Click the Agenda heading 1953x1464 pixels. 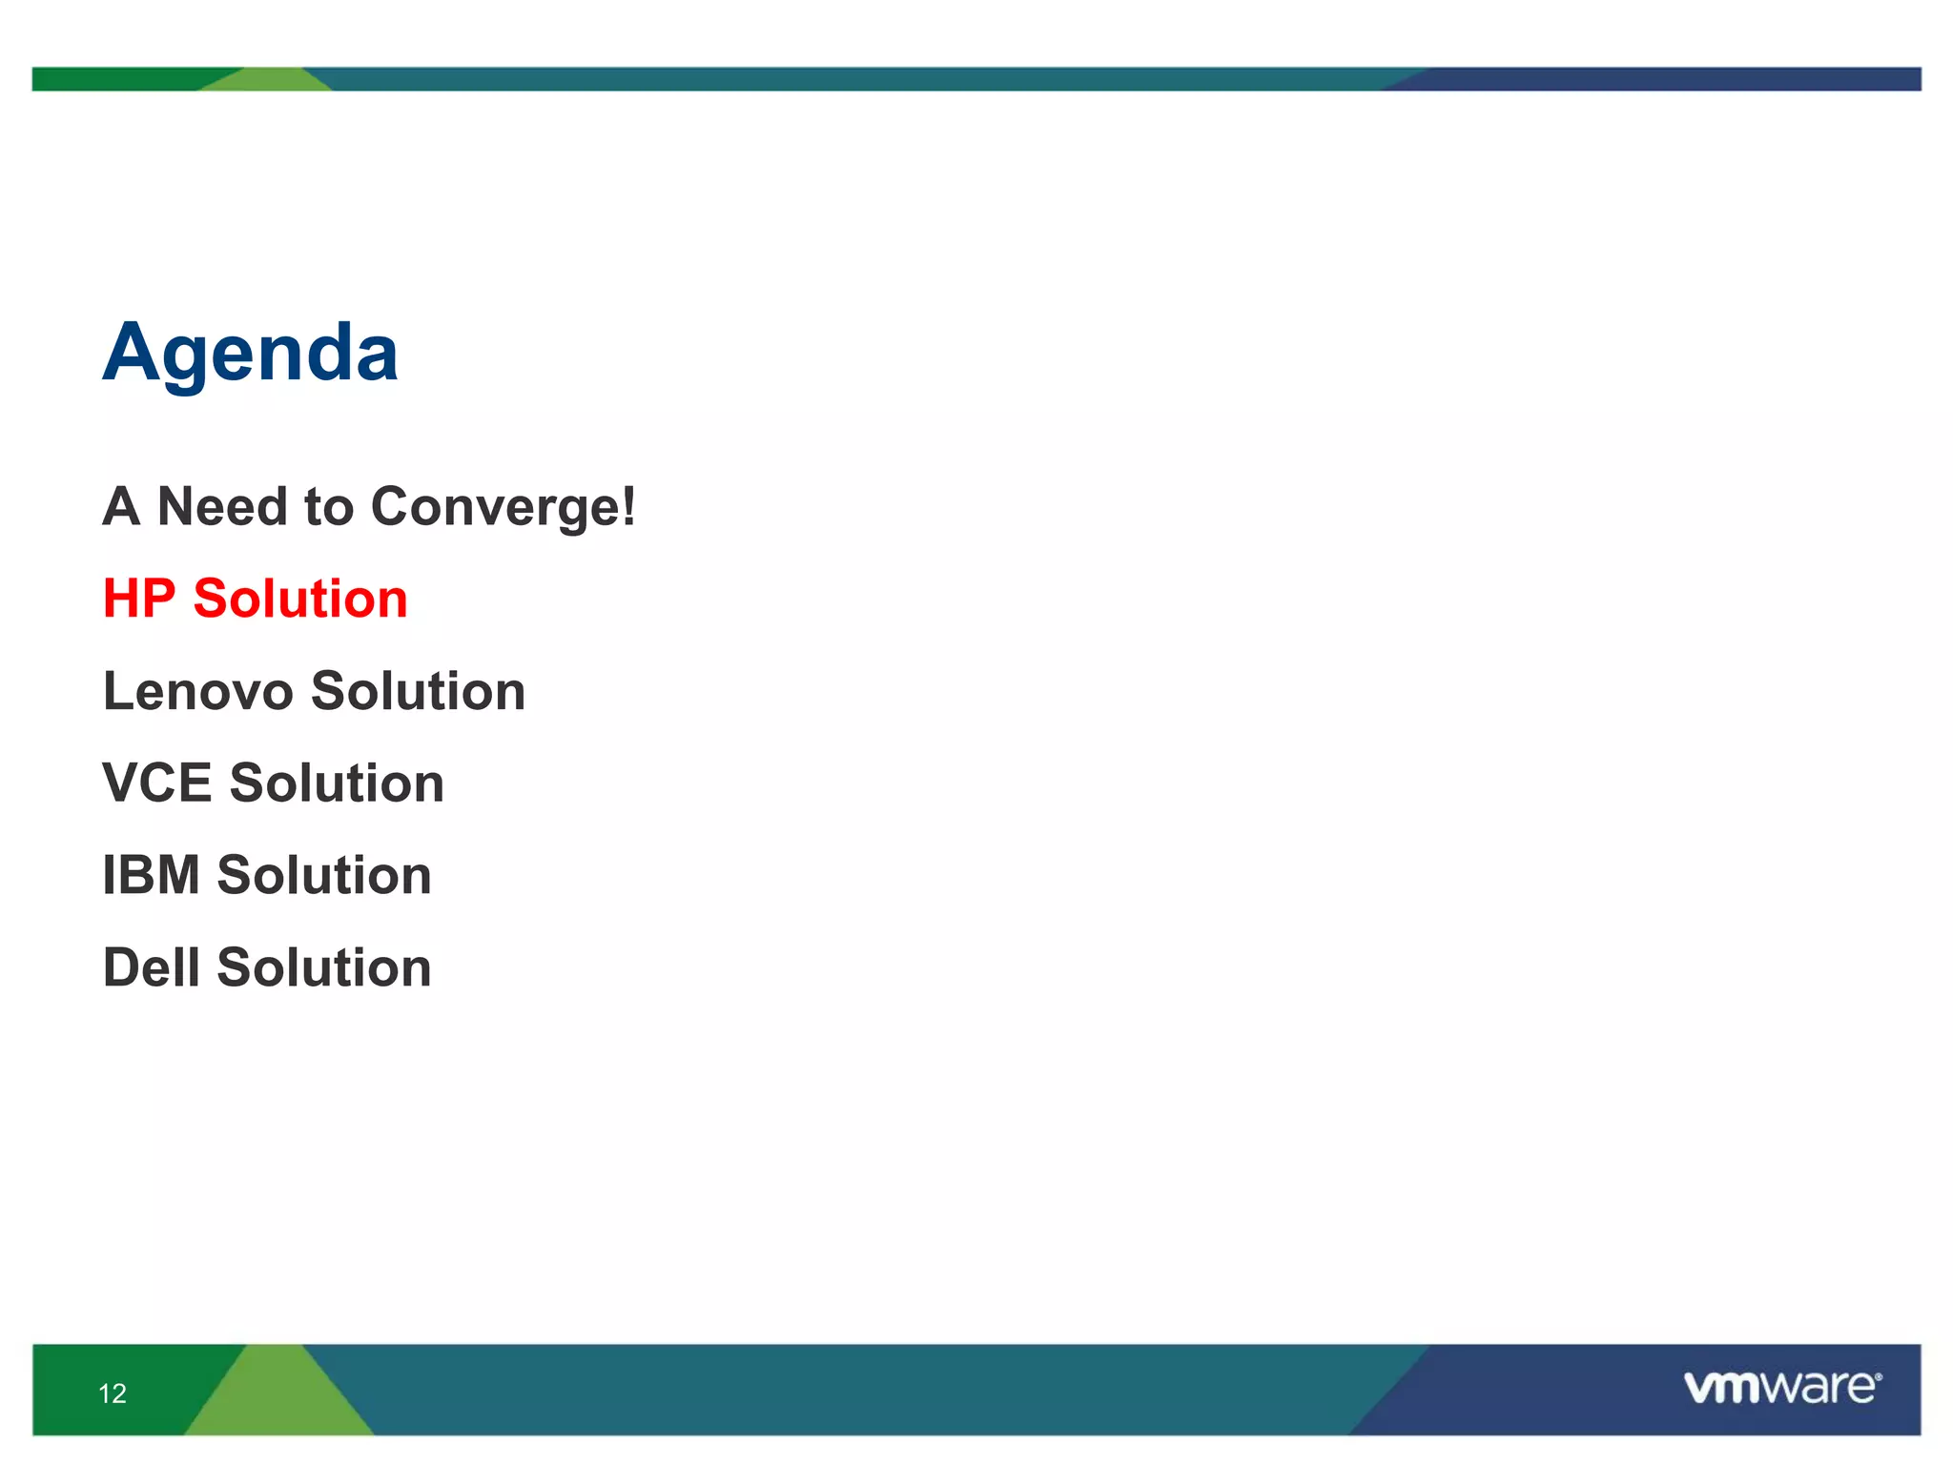(250, 354)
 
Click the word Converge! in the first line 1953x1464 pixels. (503, 507)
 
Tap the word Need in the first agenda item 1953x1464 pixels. (222, 506)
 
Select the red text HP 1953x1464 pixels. (139, 599)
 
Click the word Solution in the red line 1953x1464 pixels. (300, 599)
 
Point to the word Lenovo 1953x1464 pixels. (198, 691)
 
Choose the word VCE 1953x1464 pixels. (157, 783)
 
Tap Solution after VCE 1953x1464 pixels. (337, 783)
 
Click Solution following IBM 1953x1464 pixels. (324, 875)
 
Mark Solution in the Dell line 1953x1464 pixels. (324, 967)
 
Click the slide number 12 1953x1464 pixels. (113, 1393)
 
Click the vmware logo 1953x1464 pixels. (1779, 1388)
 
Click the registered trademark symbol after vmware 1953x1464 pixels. (1878, 1377)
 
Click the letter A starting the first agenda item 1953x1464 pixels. (122, 506)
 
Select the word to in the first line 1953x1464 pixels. (328, 507)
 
